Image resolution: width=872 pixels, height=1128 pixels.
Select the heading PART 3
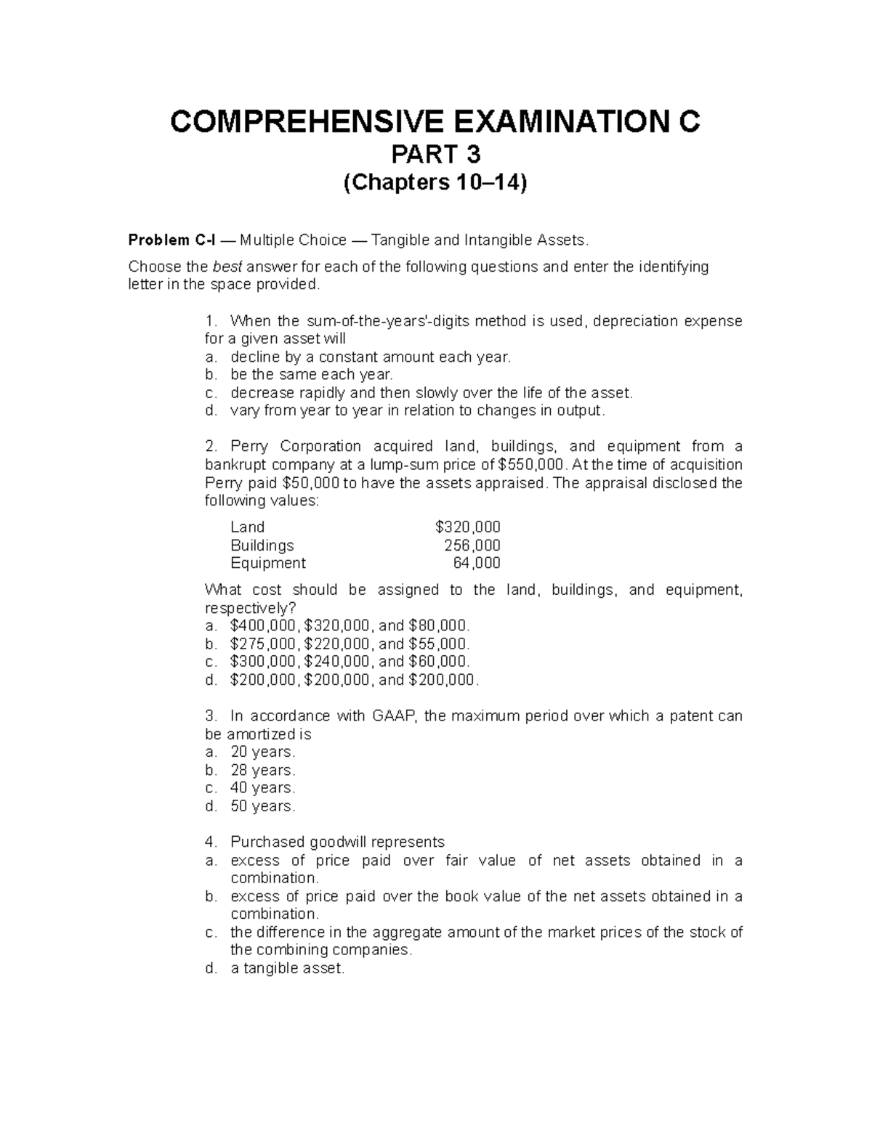[435, 155]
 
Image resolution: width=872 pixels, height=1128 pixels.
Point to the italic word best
[225, 267]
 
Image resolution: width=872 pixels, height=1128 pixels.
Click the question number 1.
[211, 321]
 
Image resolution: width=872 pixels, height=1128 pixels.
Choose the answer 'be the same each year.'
[311, 375]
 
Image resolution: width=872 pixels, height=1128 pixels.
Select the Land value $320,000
[467, 527]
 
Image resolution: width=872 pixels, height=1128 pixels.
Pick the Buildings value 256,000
[472, 545]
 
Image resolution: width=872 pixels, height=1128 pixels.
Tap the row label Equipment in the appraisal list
[267, 563]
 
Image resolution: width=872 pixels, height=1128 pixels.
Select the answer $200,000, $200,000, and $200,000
[354, 681]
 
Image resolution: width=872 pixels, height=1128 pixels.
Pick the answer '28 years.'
[262, 770]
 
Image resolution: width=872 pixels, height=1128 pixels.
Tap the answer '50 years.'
[262, 806]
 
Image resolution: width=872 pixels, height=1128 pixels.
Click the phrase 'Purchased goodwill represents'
[337, 843]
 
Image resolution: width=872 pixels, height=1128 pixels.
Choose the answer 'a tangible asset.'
[287, 968]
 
